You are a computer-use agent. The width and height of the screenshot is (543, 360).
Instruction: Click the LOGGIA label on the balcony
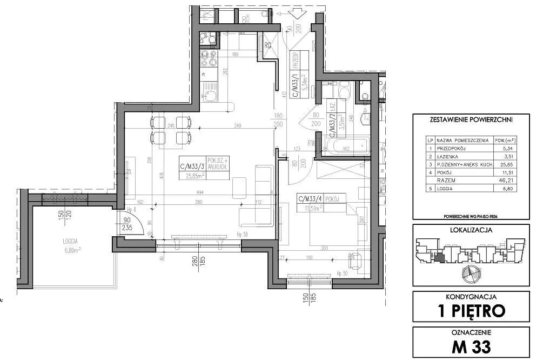tap(70, 242)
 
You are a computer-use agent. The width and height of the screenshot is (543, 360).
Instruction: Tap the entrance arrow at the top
tap(295, 13)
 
